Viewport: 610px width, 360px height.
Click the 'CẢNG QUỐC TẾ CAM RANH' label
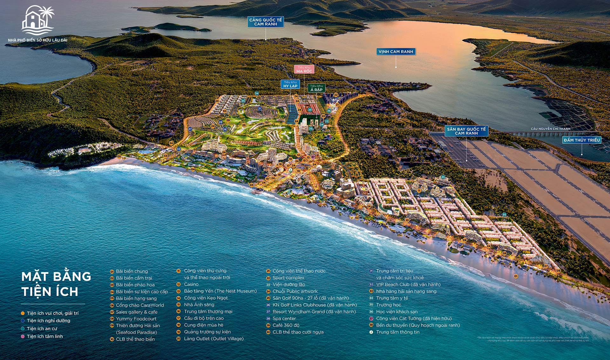(x=266, y=22)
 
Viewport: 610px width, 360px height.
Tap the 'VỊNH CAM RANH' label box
(x=396, y=51)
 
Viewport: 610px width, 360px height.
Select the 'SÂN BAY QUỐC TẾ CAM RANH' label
(x=466, y=131)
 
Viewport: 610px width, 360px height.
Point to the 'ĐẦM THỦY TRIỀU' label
(x=582, y=140)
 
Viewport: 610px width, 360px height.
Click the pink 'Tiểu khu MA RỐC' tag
(x=304, y=69)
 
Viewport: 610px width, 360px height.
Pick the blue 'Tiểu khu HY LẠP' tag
(x=290, y=84)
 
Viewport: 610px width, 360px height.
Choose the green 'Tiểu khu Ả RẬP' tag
(x=316, y=88)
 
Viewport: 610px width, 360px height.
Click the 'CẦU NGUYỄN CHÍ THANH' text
(x=551, y=129)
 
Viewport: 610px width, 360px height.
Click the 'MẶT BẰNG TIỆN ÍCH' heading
(x=56, y=284)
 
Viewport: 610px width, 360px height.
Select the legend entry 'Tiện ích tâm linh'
(x=45, y=336)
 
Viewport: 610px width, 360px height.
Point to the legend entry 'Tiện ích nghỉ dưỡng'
(x=48, y=321)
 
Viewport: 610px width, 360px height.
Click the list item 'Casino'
(x=191, y=284)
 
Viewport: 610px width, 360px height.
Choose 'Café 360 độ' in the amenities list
(x=286, y=325)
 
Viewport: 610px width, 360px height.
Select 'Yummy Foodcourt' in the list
(x=136, y=319)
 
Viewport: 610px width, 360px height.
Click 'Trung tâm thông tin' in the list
(x=397, y=332)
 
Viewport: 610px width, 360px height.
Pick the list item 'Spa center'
(x=284, y=318)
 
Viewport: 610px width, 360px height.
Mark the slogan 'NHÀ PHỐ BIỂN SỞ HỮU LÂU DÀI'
(x=37, y=40)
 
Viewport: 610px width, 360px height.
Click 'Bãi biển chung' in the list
(x=132, y=271)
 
